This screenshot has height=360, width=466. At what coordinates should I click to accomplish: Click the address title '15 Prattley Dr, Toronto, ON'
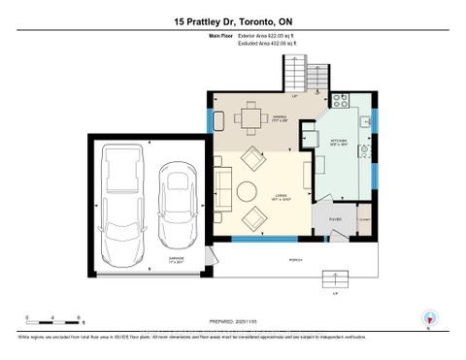tap(233, 20)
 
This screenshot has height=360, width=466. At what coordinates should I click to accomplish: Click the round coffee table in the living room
tap(248, 190)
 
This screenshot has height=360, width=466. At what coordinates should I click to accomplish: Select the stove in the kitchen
tap(342, 99)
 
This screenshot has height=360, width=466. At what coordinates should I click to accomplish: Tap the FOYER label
tap(334, 218)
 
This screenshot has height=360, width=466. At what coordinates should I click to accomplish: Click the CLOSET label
tap(364, 219)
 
